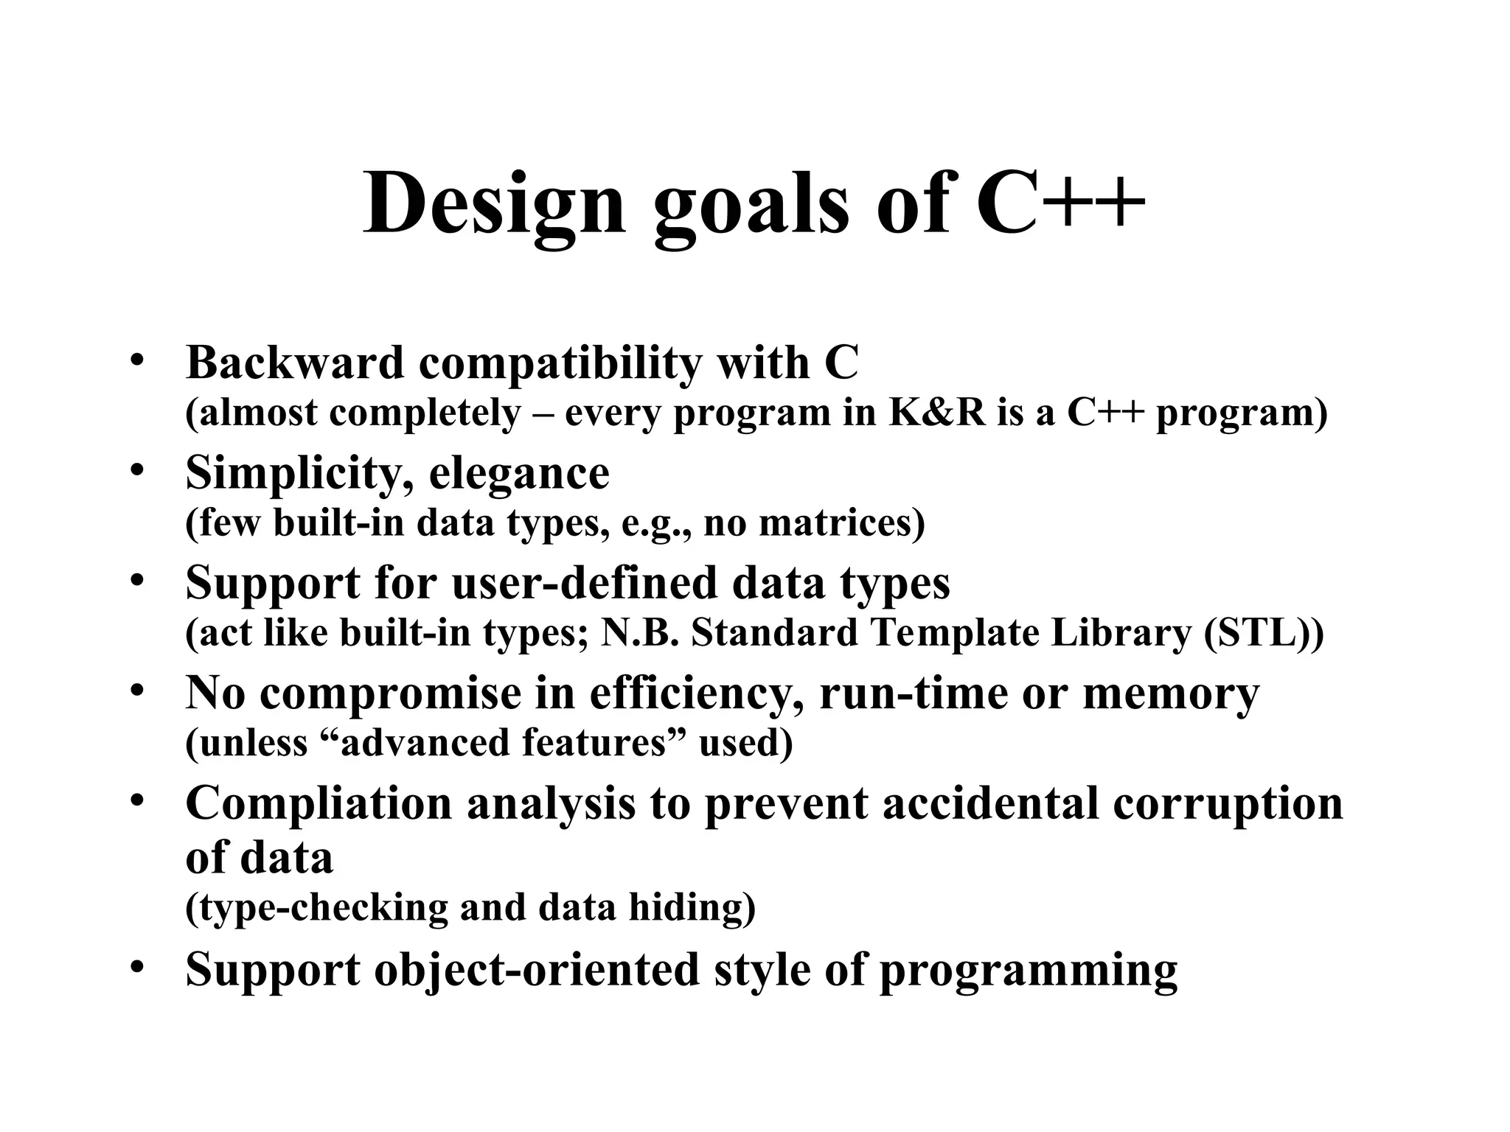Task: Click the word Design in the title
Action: pyautogui.click(x=494, y=203)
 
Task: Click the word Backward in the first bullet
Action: pyautogui.click(x=295, y=363)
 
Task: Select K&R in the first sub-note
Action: pyautogui.click(x=936, y=413)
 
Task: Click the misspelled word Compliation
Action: pyautogui.click(x=318, y=803)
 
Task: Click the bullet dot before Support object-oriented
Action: pyautogui.click(x=136, y=966)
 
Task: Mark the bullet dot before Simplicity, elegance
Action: pyautogui.click(x=136, y=469)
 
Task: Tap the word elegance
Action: pyautogui.click(x=519, y=473)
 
